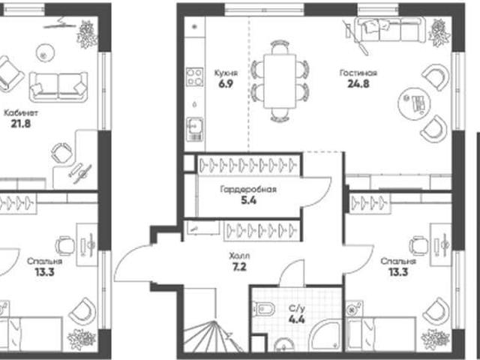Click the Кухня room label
coord(226,73)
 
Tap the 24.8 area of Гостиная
coord(358,83)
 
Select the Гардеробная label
coord(248,190)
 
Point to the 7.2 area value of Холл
coord(239,267)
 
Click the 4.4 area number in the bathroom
coord(297,319)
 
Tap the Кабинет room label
coord(21,113)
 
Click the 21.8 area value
coord(21,124)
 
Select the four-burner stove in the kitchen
coord(195,76)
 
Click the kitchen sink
coord(194,129)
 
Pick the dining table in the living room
coord(280,81)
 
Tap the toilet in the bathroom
coord(261,308)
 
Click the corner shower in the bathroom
coord(325,336)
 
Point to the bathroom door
coord(292,273)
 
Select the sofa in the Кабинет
coord(58,87)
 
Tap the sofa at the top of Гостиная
coord(390,29)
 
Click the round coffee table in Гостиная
coord(414,103)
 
